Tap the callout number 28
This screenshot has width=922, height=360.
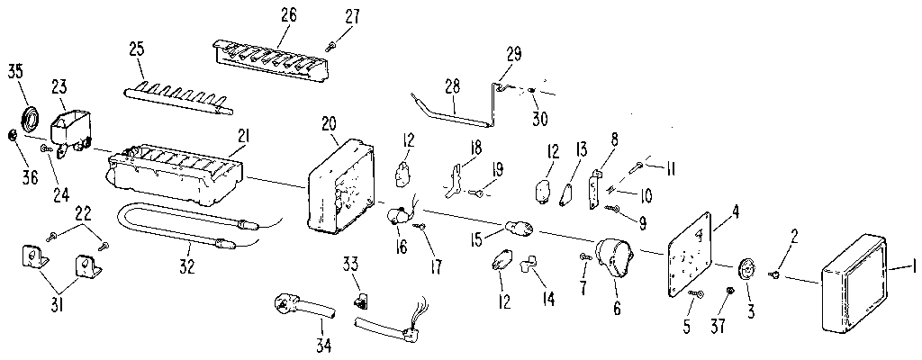point(452,86)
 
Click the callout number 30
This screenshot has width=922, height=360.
point(539,117)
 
